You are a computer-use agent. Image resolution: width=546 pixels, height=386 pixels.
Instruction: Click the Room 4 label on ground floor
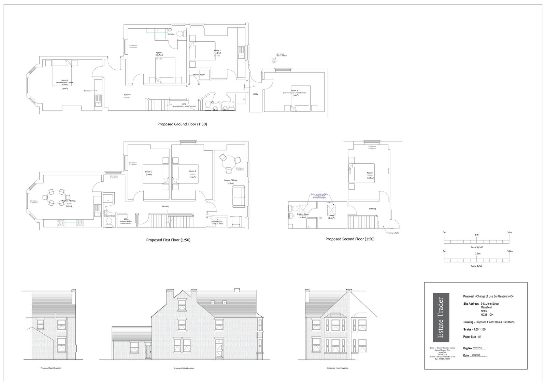(159, 53)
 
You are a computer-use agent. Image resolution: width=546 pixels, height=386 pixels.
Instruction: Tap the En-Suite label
(171, 34)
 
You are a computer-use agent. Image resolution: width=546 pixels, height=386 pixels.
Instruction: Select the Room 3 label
(294, 91)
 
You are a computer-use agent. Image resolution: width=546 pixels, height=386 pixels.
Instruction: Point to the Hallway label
(127, 95)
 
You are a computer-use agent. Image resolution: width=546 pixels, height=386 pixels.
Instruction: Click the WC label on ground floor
(212, 102)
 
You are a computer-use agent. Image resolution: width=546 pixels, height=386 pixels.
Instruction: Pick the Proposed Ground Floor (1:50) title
(182, 124)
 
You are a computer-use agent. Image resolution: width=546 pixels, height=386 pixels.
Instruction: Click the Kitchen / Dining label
(69, 201)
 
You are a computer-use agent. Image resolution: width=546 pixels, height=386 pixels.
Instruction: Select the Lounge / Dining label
(230, 180)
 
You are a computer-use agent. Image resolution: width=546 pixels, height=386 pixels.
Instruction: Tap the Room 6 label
(148, 171)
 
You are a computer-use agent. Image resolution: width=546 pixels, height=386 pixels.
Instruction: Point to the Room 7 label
(370, 173)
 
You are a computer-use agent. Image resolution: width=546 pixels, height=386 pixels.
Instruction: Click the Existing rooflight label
(393, 233)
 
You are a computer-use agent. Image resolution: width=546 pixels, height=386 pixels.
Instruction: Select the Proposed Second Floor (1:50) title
(350, 239)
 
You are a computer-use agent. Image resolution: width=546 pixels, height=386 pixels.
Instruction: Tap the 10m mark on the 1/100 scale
(509, 233)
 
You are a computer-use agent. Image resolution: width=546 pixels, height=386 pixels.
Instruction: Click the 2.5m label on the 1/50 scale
(477, 254)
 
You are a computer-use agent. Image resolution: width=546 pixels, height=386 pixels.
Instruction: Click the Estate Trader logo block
(441, 318)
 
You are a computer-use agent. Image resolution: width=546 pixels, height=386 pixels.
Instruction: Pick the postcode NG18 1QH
(487, 315)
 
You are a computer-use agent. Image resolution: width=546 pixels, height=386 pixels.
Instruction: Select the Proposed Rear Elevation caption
(51, 368)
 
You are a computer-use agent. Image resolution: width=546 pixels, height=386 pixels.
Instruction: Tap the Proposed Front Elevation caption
(337, 368)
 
